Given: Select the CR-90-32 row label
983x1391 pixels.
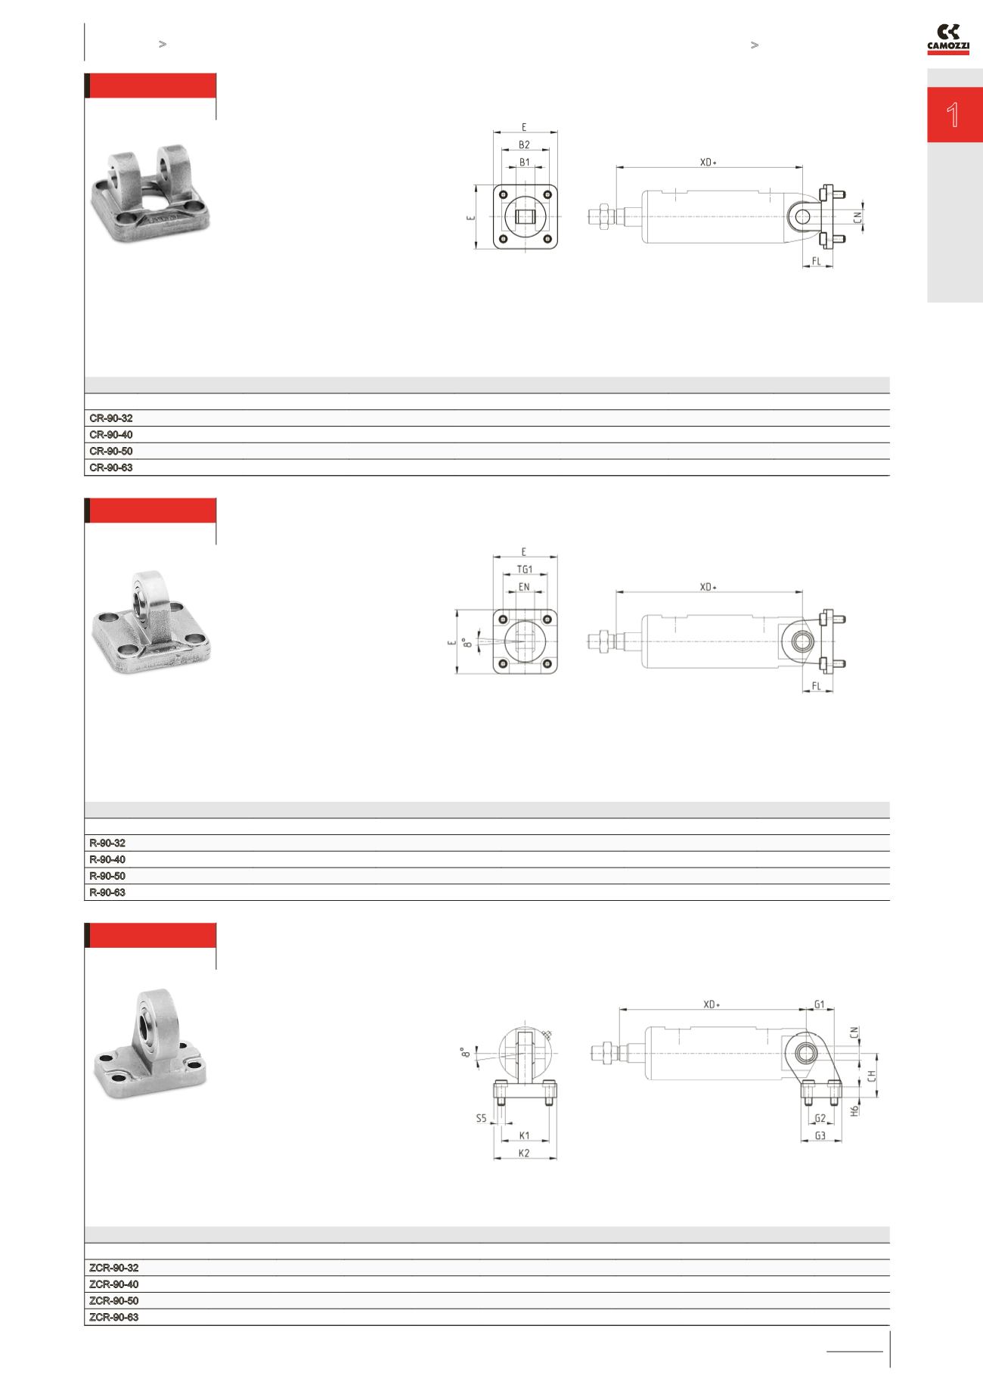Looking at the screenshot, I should (x=111, y=418).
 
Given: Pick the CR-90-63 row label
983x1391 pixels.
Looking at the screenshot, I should (x=111, y=468).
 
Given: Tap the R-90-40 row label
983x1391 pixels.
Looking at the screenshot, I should (x=107, y=860).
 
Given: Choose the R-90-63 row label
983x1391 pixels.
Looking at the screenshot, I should (x=107, y=893).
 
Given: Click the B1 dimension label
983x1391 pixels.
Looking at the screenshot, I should (x=524, y=162).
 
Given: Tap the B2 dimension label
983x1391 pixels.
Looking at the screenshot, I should (x=524, y=144).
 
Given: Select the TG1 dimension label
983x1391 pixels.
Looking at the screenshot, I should (x=524, y=570).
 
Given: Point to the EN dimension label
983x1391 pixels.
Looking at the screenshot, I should (x=524, y=586).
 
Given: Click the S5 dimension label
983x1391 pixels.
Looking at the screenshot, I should (x=481, y=1118).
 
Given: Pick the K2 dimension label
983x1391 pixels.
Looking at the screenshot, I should (x=524, y=1153).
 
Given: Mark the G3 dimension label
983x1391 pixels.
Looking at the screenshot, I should (x=820, y=1136).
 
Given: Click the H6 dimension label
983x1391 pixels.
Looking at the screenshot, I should (x=854, y=1111).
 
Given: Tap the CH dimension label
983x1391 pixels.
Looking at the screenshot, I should (x=872, y=1075).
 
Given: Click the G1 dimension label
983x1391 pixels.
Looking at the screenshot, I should (x=820, y=1004).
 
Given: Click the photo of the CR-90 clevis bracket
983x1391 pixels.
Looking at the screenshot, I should (x=150, y=194).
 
